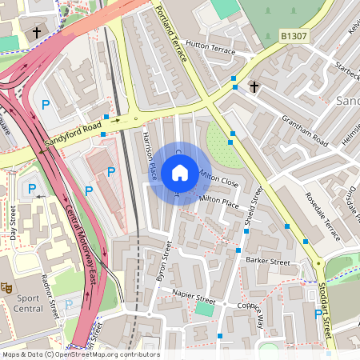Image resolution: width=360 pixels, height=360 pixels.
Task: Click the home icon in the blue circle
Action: [x=180, y=173]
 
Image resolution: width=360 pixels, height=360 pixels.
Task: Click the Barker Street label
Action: [x=267, y=261]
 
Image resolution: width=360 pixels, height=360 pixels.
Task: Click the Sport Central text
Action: [x=28, y=303]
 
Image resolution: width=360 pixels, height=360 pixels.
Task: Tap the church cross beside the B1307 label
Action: [x=254, y=86]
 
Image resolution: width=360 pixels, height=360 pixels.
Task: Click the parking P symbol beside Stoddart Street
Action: [x=318, y=314]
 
